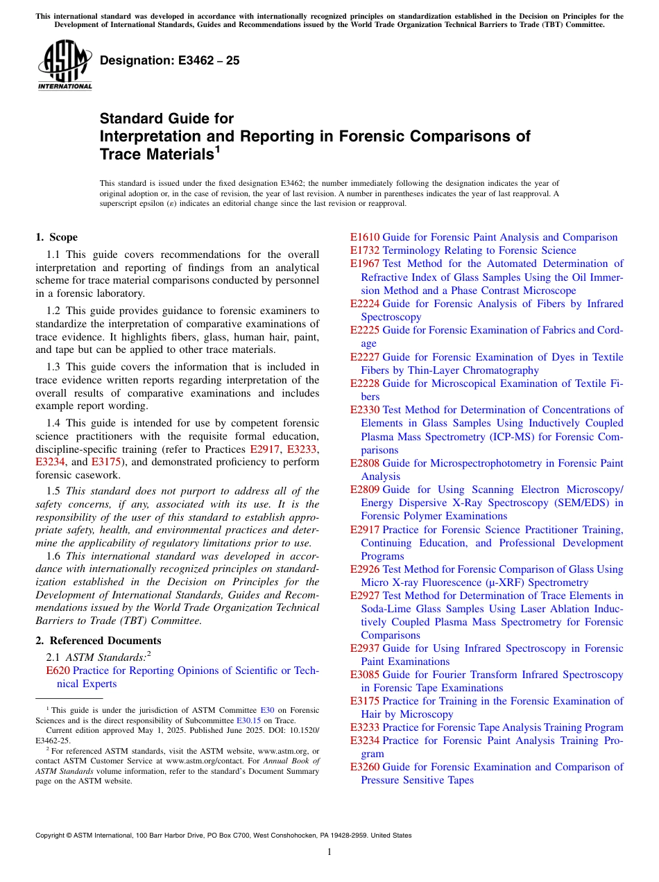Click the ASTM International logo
coord(65,65)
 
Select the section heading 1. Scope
coord(57,238)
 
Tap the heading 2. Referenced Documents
coord(99,641)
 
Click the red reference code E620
coord(58,671)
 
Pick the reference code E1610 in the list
coord(365,237)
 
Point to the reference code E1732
coord(365,250)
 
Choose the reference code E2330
coord(365,410)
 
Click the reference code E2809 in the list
coord(365,490)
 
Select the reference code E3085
coord(365,675)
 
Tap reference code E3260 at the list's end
coord(365,767)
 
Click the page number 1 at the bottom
coord(329,852)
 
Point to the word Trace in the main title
coord(119,155)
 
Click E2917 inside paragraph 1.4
coord(264,449)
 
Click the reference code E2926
coord(365,569)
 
